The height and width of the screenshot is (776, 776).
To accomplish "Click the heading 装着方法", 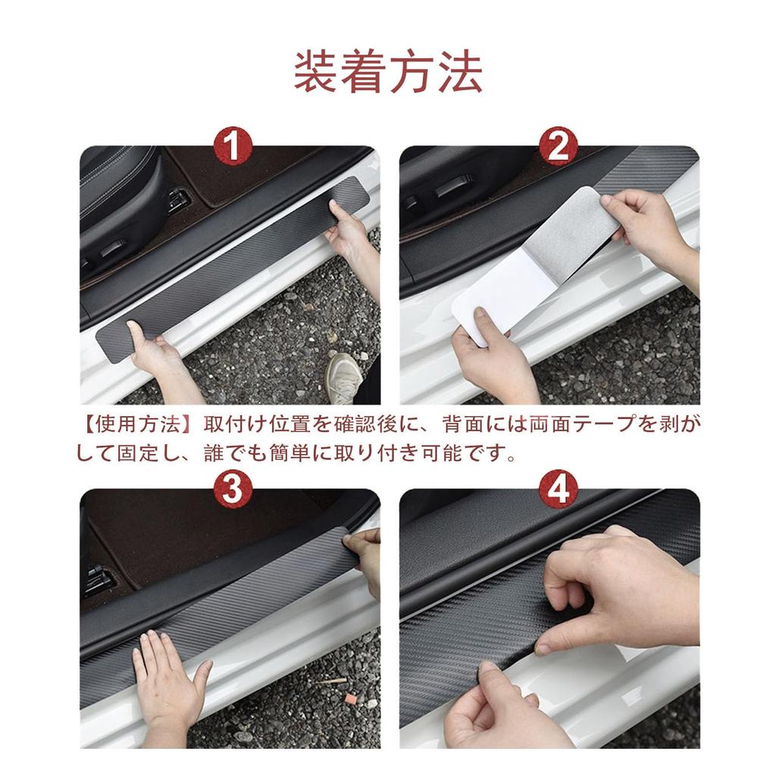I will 388,73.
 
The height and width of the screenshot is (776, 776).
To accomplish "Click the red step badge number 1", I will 233,146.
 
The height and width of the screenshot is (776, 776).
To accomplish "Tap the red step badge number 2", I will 558,146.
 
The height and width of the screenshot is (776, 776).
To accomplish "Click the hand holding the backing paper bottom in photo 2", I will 489,356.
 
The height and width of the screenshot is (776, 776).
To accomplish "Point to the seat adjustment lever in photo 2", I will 455,185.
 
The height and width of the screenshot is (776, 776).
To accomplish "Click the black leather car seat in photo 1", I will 121,197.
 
